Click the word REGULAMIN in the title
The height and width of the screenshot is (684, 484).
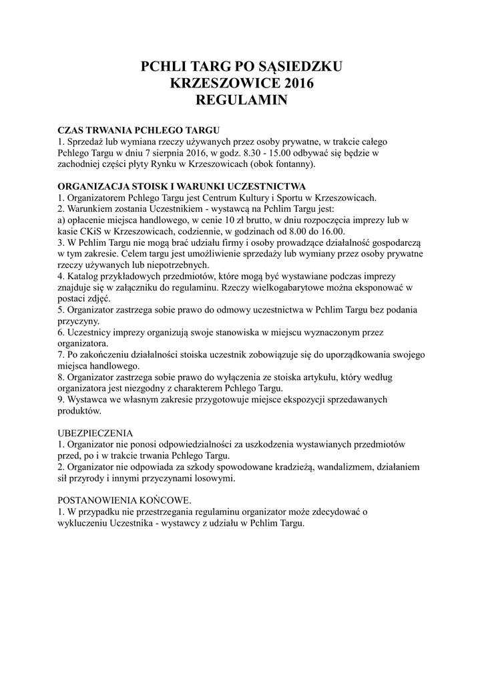[242, 100]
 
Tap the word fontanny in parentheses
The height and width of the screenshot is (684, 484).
[293, 164]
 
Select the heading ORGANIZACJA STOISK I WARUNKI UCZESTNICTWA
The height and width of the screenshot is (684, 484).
[182, 186]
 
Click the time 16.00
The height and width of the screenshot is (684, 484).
[322, 231]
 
